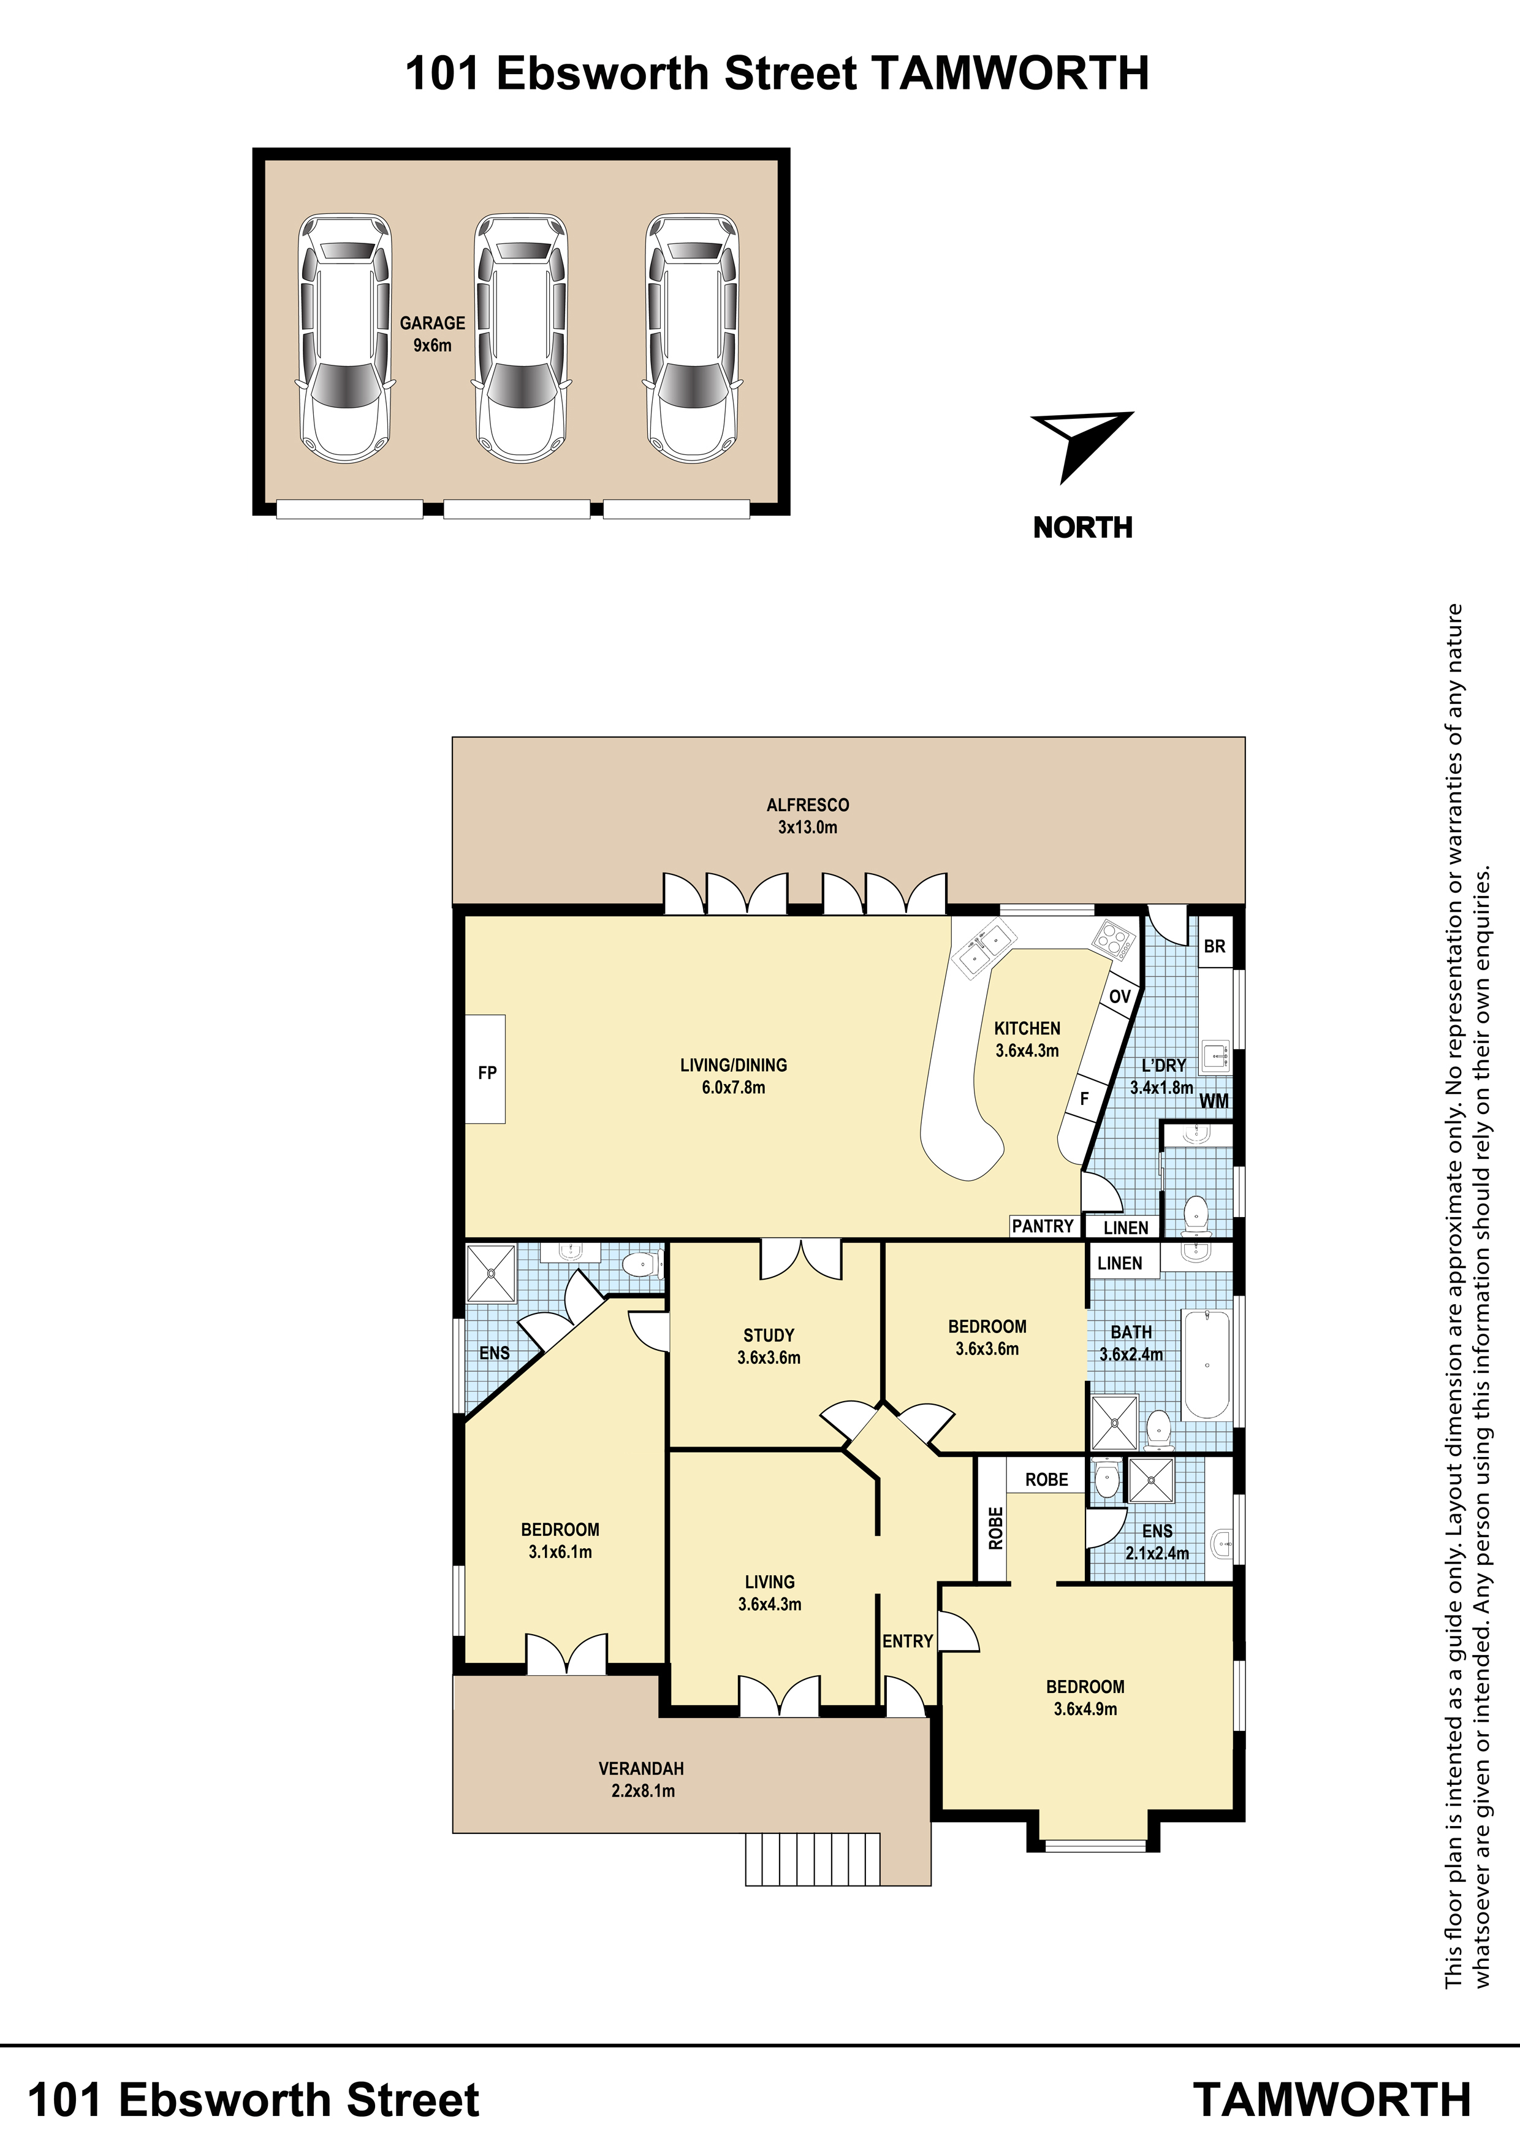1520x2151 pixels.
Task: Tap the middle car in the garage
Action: (522, 338)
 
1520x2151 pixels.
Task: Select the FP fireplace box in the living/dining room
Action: (486, 1069)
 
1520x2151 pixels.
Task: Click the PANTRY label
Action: (1043, 1226)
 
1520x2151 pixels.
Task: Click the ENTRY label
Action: (908, 1641)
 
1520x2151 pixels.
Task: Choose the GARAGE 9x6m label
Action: (433, 334)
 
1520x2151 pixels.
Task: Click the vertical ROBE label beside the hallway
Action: (995, 1528)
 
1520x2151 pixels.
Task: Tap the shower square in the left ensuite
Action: (492, 1273)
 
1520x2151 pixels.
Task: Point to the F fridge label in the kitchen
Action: (1084, 1099)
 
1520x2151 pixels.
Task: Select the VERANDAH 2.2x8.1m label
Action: (642, 1779)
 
